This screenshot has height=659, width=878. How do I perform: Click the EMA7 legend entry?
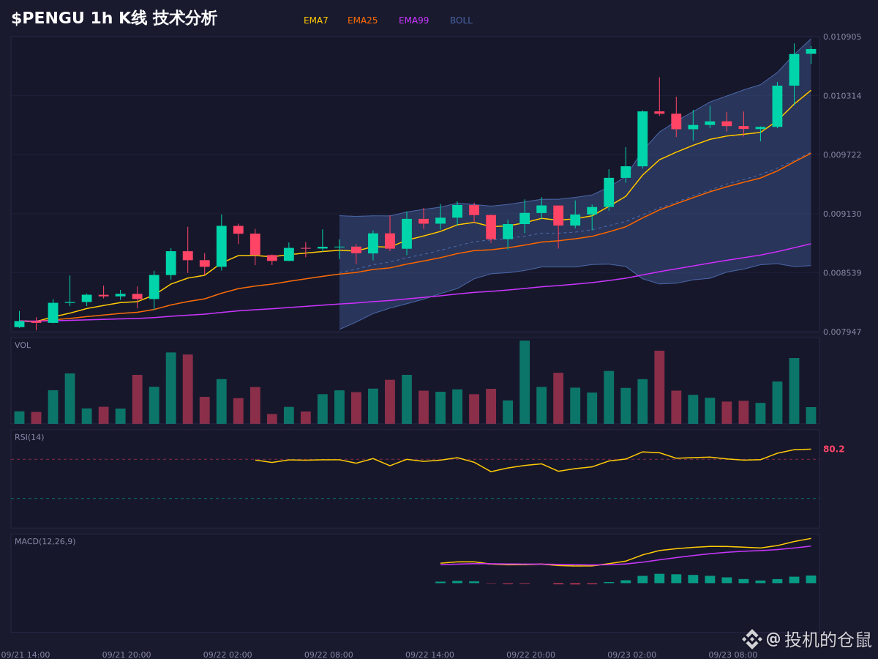(315, 21)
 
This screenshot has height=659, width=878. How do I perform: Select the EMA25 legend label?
(362, 21)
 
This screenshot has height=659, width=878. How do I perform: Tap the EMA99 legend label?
(413, 21)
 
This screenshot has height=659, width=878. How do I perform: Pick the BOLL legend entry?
(461, 21)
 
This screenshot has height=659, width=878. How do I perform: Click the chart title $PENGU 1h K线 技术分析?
(114, 18)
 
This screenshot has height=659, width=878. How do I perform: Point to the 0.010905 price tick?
(842, 37)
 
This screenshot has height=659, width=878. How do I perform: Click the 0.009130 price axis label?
(842, 214)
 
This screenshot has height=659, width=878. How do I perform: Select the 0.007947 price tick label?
(842, 332)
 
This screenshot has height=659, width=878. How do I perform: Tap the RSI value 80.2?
(833, 449)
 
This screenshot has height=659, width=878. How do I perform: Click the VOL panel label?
(23, 346)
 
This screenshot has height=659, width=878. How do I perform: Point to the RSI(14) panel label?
(29, 437)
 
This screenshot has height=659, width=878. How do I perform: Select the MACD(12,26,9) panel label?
(45, 541)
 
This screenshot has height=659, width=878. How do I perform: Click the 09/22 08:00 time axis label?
(329, 655)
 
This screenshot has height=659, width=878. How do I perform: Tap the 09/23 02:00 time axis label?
(631, 655)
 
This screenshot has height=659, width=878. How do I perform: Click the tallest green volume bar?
(525, 382)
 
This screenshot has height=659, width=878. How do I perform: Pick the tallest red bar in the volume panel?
(659, 387)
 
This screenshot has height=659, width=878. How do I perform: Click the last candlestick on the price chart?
(811, 51)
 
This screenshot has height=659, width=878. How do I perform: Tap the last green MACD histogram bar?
(811, 579)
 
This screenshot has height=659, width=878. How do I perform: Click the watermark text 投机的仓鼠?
(828, 640)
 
